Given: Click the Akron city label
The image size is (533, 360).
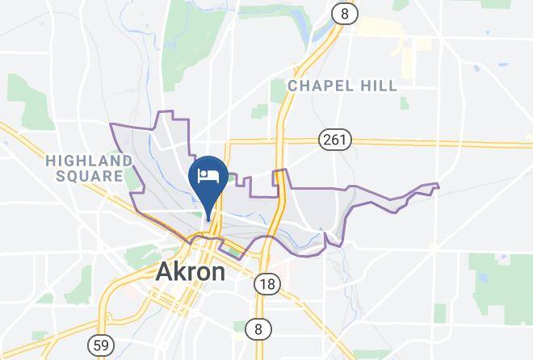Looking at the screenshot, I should (x=190, y=272).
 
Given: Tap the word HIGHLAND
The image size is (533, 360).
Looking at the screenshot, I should (x=88, y=161).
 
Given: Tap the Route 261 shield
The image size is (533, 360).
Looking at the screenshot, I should (x=335, y=140).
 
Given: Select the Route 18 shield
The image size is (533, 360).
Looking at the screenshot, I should (x=266, y=284).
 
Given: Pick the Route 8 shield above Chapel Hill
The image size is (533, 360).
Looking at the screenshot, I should (x=345, y=14).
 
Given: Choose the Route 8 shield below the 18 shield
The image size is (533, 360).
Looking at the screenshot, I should (x=259, y=329).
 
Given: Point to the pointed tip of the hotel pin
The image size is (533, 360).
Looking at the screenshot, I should (x=209, y=219).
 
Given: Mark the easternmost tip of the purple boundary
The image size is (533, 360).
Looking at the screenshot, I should (x=439, y=187).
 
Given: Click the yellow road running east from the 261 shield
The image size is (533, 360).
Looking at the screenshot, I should (x=436, y=144).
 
